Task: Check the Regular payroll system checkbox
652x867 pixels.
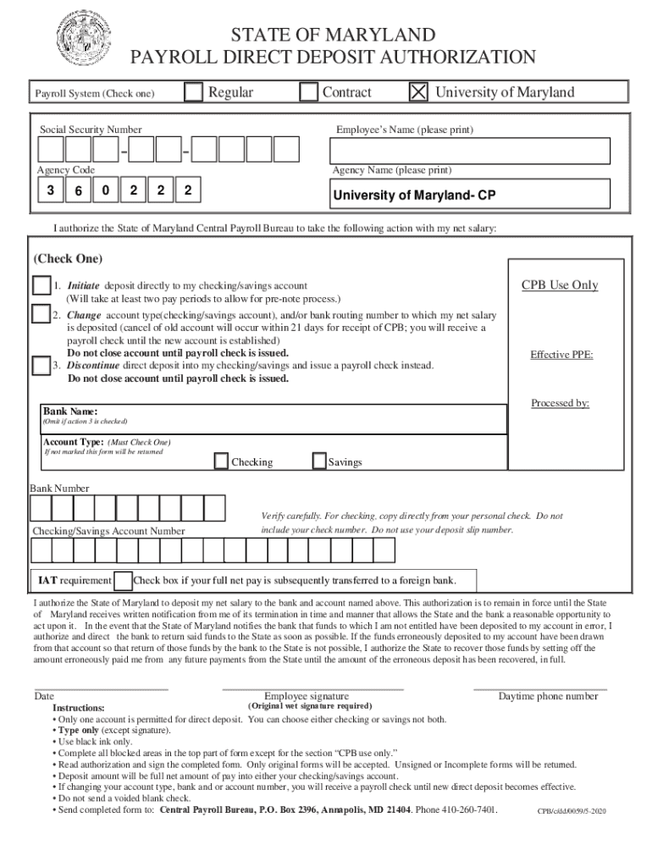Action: click(194, 91)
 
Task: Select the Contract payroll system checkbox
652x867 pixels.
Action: click(308, 91)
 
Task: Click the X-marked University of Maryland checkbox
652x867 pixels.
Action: click(418, 91)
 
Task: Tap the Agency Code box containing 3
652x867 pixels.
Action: click(51, 191)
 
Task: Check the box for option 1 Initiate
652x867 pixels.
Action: click(41, 285)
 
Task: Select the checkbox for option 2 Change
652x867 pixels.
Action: click(41, 314)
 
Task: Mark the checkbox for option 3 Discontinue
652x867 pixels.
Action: click(41, 366)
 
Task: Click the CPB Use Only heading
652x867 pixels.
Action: click(559, 285)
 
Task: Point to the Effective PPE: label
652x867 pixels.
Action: click(561, 355)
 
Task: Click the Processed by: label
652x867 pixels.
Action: click(560, 403)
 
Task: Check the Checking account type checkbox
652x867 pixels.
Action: click(221, 461)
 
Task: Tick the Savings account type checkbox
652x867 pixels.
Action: click(319, 461)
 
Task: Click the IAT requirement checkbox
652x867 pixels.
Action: click(123, 581)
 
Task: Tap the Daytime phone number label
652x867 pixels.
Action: click(548, 696)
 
